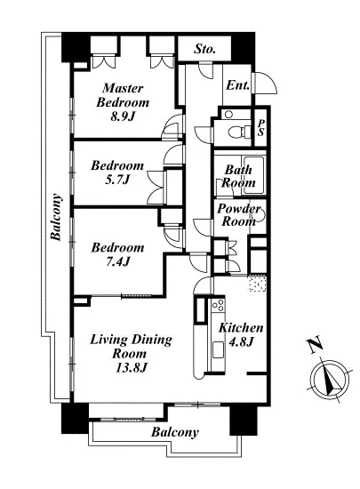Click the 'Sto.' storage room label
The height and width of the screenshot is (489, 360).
(204, 49)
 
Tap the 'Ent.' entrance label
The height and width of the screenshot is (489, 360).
(237, 85)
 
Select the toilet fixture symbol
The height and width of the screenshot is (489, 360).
(239, 132)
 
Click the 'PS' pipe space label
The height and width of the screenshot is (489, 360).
(260, 128)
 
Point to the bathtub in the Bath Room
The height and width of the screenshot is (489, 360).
(252, 175)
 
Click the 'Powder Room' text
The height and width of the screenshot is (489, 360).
(239, 215)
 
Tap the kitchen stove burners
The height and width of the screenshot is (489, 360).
(217, 305)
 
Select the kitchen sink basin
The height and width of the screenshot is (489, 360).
(218, 349)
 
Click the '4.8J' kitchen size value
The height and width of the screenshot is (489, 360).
(241, 342)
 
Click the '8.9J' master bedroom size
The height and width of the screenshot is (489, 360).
(123, 116)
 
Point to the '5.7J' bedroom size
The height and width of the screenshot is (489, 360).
(117, 180)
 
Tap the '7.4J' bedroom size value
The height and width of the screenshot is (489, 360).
(117, 261)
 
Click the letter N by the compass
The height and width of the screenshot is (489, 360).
(316, 344)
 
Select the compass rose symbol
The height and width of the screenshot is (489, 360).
(330, 380)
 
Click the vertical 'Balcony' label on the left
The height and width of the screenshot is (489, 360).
(56, 217)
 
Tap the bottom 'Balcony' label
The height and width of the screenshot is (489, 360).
(175, 433)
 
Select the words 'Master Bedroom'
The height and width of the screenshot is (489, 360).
(123, 95)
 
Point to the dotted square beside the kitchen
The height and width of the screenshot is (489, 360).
(258, 283)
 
